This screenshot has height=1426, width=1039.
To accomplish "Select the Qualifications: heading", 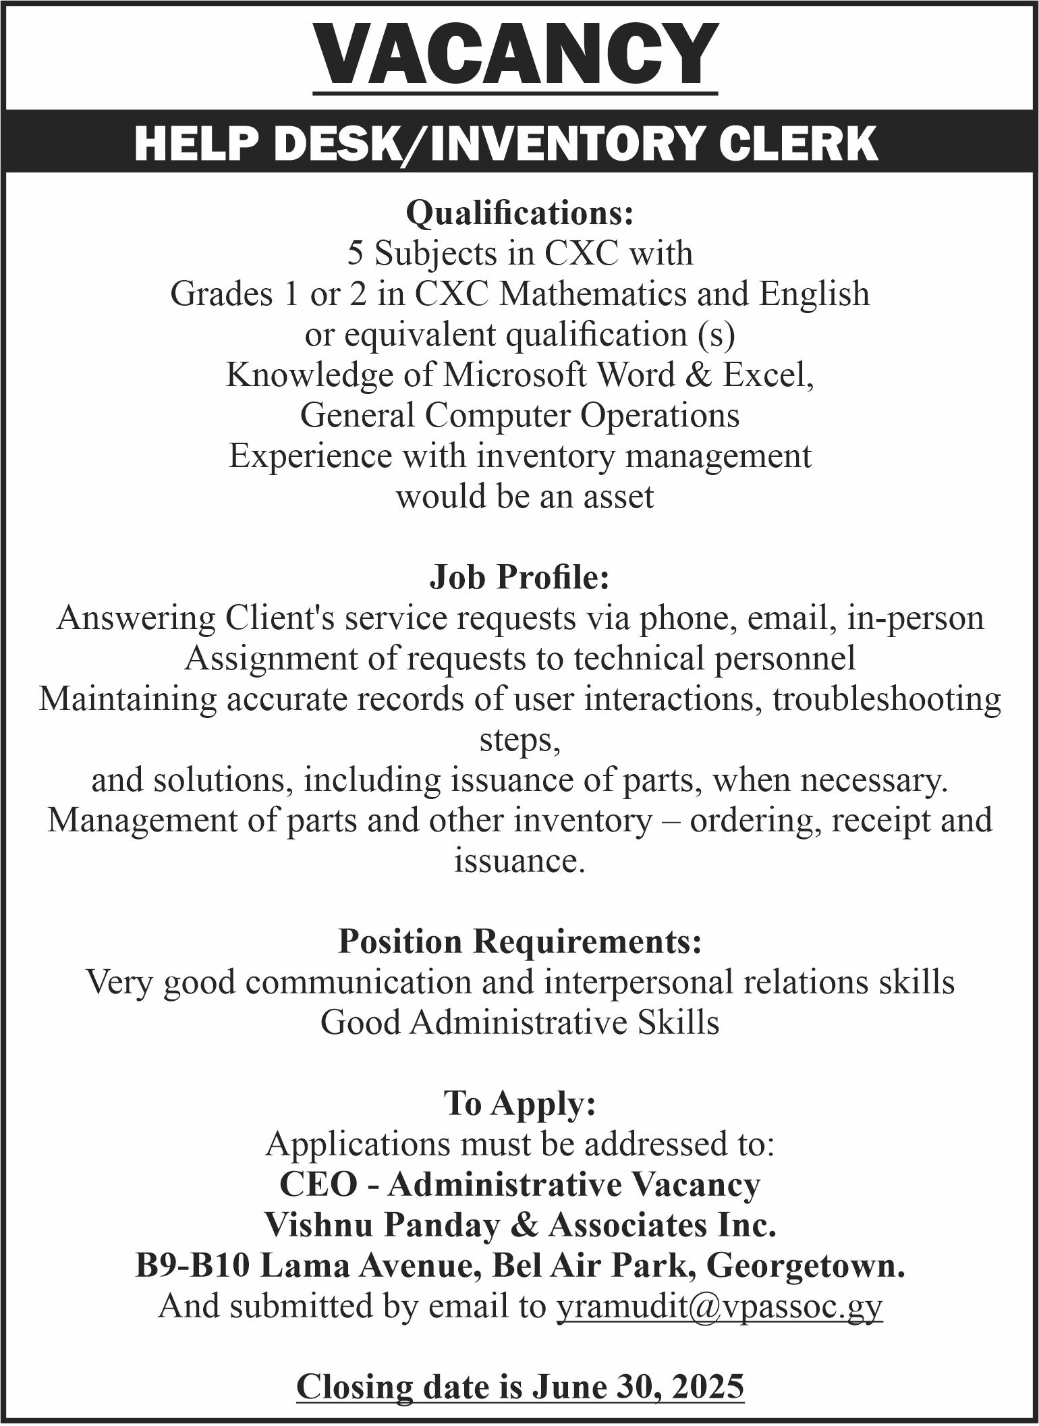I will (x=519, y=213).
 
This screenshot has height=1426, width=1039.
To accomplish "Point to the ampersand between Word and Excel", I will (x=696, y=375).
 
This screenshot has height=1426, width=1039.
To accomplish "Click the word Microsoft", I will (x=514, y=375).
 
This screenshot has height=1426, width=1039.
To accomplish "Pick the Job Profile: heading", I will (x=519, y=578).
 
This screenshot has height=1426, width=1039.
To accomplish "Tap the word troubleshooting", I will (x=887, y=699).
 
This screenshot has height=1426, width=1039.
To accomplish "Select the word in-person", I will (x=916, y=618).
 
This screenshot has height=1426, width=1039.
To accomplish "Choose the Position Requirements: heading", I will (x=519, y=941).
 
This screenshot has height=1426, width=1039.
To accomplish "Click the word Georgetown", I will (x=805, y=1266).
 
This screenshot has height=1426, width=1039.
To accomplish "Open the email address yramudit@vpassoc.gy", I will (x=719, y=1307).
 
